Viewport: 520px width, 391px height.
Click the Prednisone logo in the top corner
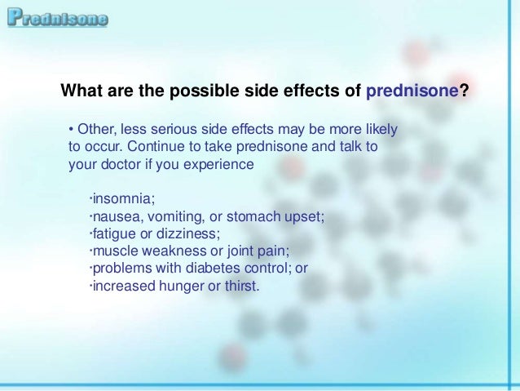(x=58, y=18)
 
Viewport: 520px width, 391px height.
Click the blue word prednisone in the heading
(x=412, y=91)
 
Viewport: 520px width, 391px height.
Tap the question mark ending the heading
(x=464, y=91)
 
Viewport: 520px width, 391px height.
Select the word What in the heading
(x=81, y=91)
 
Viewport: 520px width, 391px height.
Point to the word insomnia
(x=122, y=199)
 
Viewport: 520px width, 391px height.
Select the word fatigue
(x=112, y=233)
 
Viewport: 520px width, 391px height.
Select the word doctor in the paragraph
(x=117, y=164)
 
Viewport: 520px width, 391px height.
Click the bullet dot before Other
(x=71, y=131)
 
